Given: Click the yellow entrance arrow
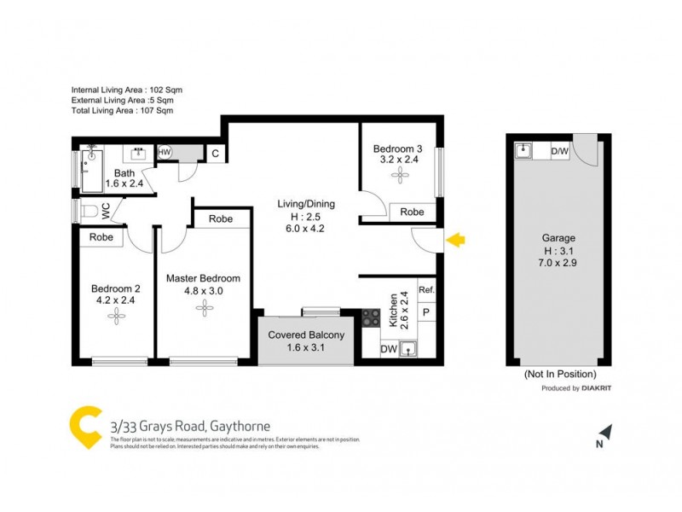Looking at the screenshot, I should coord(456,241).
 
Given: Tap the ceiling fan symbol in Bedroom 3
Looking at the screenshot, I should coord(398,174).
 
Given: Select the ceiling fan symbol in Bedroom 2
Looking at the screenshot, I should coord(115,316).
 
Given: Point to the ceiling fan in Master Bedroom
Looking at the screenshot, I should coord(202,306).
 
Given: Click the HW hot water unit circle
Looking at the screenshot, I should coord(165,153).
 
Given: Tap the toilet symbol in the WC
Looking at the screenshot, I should coord(89,211).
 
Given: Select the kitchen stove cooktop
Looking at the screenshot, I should coord(372,317).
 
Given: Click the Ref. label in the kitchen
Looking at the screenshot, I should coord(427,290).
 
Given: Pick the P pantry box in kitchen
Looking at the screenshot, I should coord(427,313).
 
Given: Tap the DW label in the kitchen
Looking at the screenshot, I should coord(388,348).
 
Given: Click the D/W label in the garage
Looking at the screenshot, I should coord(560,152).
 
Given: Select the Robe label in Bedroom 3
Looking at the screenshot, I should coord(413,212).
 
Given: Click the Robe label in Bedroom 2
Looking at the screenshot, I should coord(101,237).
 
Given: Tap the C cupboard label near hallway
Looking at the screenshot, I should coord(216,154).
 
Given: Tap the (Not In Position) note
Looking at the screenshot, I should coord(559,374).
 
